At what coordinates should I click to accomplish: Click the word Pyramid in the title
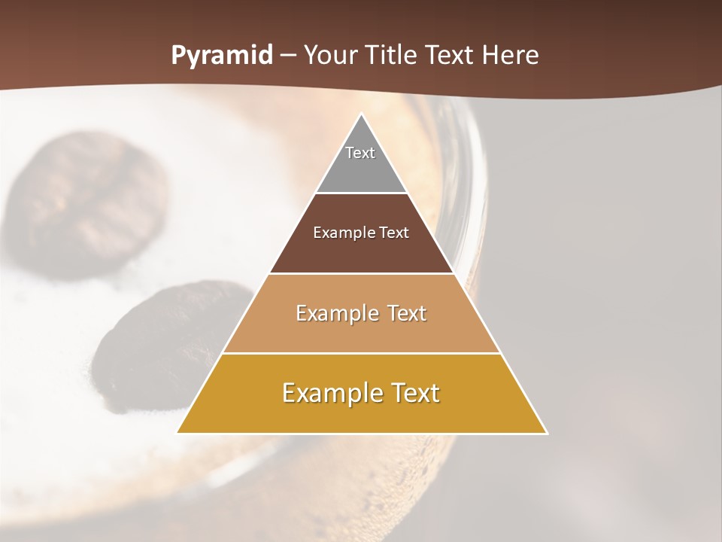(222, 56)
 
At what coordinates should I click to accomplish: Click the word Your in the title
(332, 56)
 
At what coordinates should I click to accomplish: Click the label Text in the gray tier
(360, 153)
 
